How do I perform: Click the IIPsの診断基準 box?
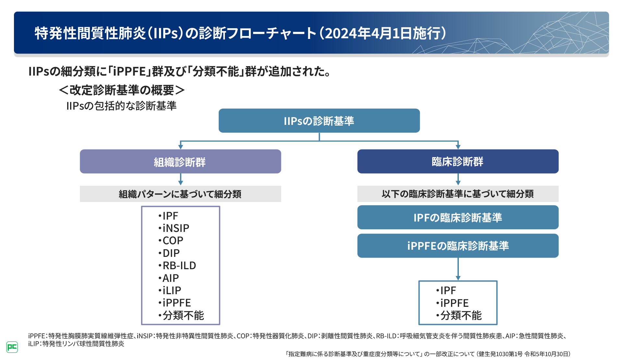[319, 121]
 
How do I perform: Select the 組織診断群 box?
[180, 162]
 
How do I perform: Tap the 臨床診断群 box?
[458, 162]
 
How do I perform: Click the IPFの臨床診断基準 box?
[458, 217]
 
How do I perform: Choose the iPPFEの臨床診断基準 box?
[458, 246]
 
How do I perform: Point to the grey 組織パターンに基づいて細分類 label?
[180, 194]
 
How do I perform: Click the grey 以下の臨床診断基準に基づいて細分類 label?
[458, 194]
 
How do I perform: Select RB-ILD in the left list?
[179, 266]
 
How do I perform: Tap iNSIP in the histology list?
[176, 228]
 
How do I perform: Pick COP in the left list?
[173, 241]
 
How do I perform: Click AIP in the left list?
[170, 278]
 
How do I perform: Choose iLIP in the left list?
[172, 291]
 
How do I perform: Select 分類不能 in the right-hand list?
[460, 315]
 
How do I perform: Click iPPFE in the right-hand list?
[454, 303]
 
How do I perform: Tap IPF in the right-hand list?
[448, 291]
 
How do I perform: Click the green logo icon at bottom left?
[12, 347]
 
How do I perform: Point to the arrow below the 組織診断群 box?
[181, 179]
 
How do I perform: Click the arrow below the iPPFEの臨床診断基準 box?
[458, 269]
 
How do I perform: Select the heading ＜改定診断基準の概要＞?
[122, 90]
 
